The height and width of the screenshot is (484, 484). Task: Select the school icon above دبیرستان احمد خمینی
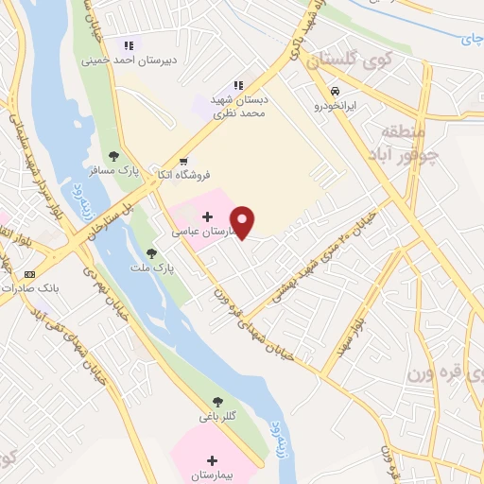[x=129, y=44]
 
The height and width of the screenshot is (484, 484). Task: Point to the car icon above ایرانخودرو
[x=336, y=92]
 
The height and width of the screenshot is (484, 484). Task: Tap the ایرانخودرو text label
[x=337, y=108]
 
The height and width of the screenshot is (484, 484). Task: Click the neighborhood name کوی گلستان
[x=364, y=60]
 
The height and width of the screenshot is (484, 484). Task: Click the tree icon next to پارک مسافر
[x=113, y=156]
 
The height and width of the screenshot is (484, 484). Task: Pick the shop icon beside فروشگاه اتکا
[x=184, y=160]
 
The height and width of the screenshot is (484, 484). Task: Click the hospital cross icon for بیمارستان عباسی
[x=208, y=217]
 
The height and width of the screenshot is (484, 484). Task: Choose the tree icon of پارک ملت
[x=151, y=253]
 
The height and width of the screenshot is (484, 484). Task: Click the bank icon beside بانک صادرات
[x=28, y=274]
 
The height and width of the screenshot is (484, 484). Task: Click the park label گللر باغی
[x=216, y=416]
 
